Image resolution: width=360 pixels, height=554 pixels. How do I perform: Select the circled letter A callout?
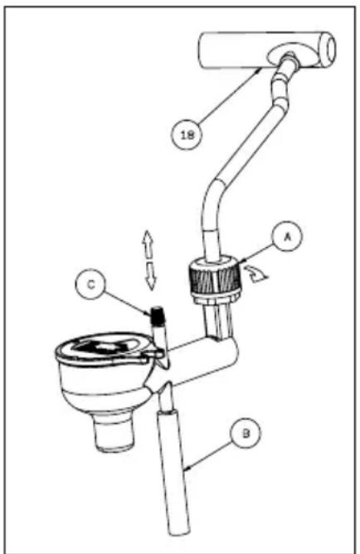[x=286, y=236]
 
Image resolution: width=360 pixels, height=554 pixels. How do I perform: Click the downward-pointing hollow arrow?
[x=151, y=276]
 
